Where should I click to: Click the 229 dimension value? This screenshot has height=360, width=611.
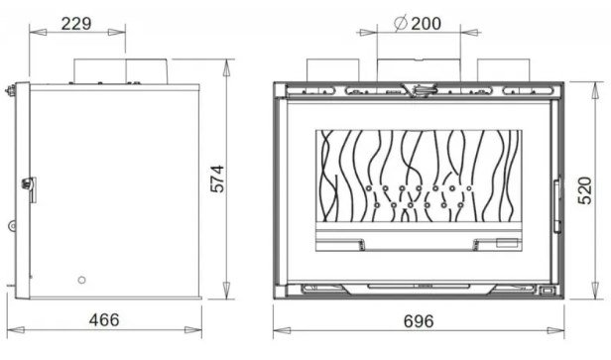point(76,24)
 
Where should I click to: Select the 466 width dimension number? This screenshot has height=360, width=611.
point(104,320)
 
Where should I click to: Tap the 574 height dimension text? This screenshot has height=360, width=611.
point(217,179)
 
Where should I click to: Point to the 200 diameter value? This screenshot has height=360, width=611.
point(427,24)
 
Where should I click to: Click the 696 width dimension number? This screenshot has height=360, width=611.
point(419,321)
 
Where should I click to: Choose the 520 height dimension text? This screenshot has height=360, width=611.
point(585,190)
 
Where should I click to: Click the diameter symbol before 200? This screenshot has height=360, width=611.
point(401,23)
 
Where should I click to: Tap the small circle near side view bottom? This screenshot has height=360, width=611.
point(81,280)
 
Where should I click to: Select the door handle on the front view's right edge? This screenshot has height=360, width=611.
point(557,204)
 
